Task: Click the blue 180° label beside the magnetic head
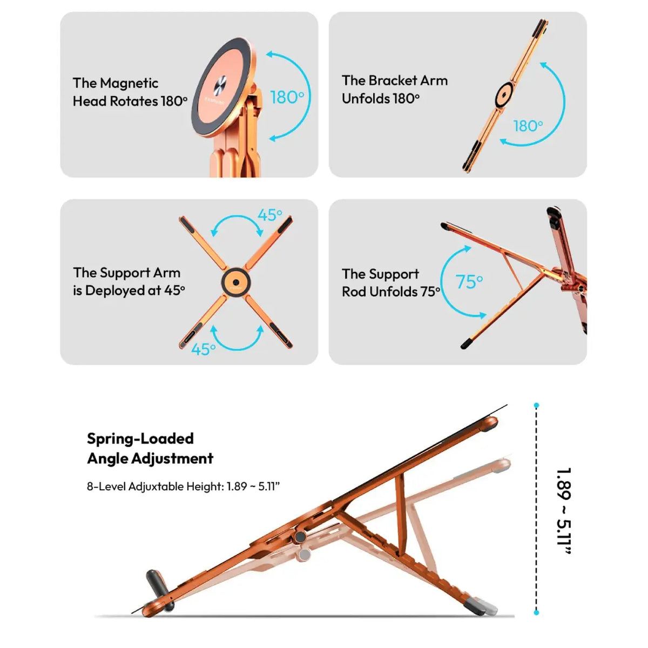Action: coord(287,98)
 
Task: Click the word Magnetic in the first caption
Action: coord(129,84)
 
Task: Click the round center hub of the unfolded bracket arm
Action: coord(504,95)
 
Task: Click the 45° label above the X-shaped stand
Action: coord(270,215)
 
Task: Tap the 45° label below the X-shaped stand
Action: coord(203,349)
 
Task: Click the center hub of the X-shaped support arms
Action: coord(236,282)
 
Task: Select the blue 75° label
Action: coord(469,281)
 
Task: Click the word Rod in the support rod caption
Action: coord(354,292)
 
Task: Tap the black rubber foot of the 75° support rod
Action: coord(467,344)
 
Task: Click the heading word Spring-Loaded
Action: coord(140,438)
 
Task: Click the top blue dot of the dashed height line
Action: coord(536,406)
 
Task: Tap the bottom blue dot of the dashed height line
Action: coord(536,613)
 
